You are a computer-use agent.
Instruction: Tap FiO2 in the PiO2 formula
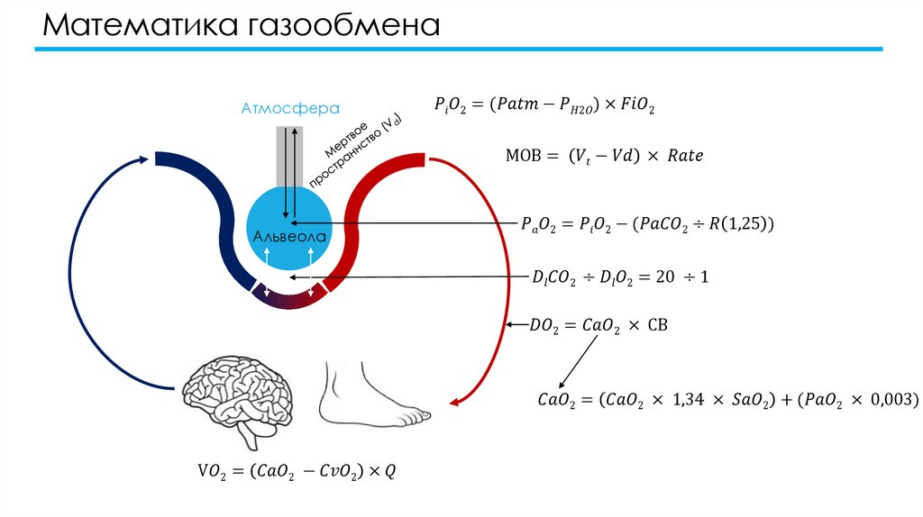(x=635, y=106)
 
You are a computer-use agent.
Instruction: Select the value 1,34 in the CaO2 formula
(x=689, y=398)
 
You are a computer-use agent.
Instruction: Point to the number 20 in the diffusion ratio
(x=665, y=277)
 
